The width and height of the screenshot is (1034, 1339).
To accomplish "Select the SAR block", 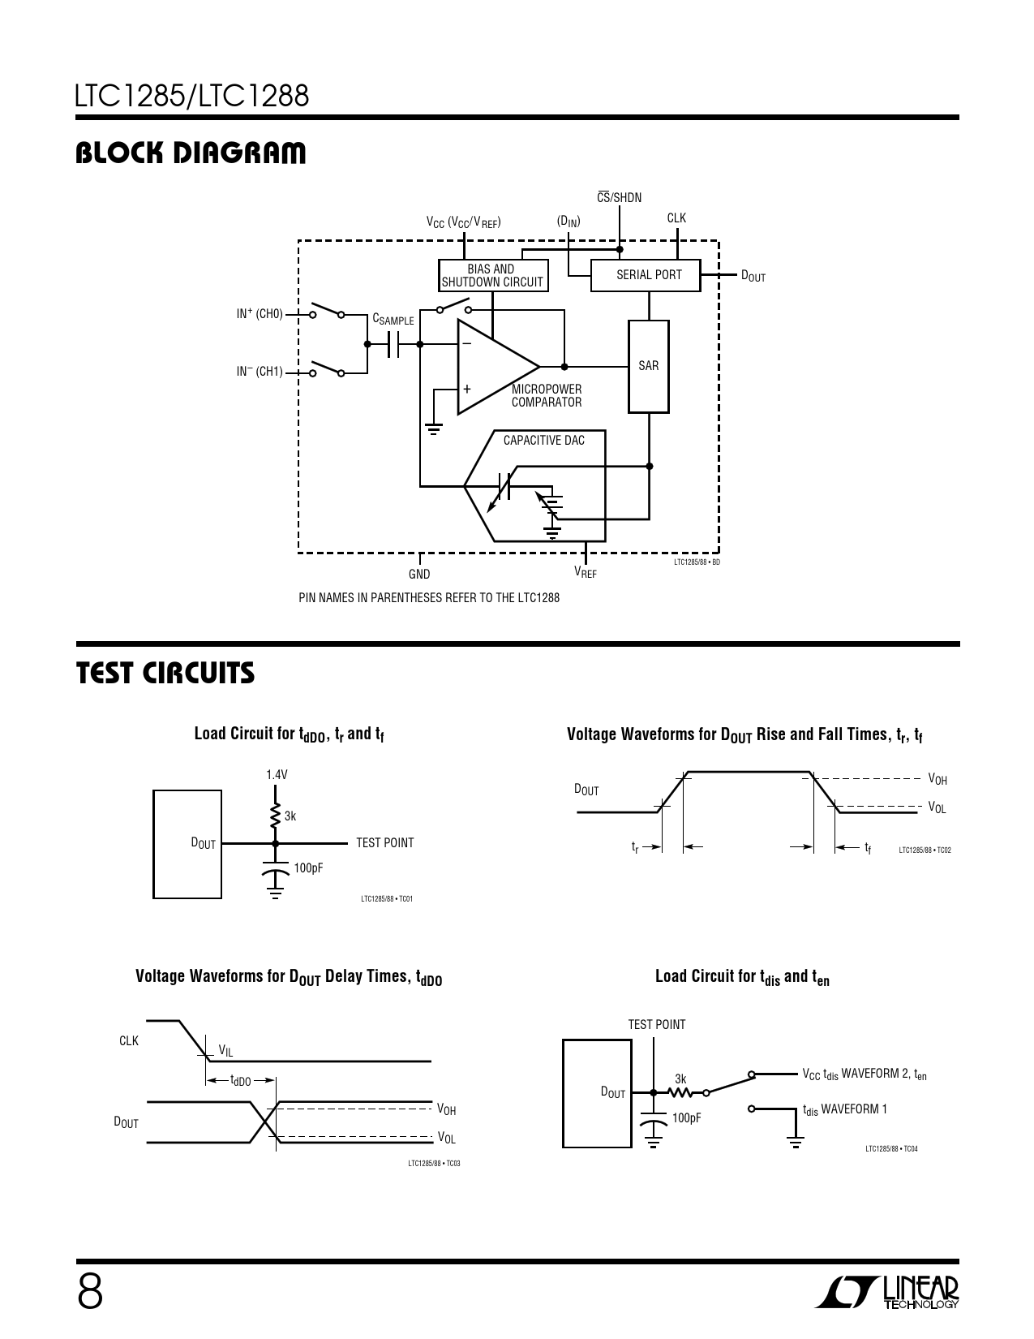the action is coord(649,366).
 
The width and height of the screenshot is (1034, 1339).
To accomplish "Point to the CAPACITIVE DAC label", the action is coord(544,440).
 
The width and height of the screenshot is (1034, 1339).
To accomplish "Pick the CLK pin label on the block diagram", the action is coord(676,218).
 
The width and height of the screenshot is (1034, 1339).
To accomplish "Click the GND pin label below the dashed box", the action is coord(419,574).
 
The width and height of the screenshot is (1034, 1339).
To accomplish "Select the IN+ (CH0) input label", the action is coord(260,313).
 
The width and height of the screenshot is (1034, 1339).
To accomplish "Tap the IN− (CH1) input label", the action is coord(260,372).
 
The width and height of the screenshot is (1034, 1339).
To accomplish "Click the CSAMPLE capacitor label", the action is coord(393,319).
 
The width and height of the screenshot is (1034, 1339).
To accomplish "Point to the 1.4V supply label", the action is coord(277,774).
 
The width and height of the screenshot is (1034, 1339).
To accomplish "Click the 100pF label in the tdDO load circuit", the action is coord(308,868).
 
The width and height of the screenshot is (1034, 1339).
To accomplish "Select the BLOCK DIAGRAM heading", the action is coord(191,153).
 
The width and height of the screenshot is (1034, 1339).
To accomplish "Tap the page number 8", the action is coord(90,1292).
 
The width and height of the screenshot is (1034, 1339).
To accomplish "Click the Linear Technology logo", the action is coord(887,1292).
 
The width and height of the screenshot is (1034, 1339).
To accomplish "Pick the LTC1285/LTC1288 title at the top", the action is coord(192,96).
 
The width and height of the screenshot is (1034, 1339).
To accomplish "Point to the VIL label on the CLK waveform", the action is coord(225,1051).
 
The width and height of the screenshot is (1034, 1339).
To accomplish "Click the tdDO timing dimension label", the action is coord(240,1081).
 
